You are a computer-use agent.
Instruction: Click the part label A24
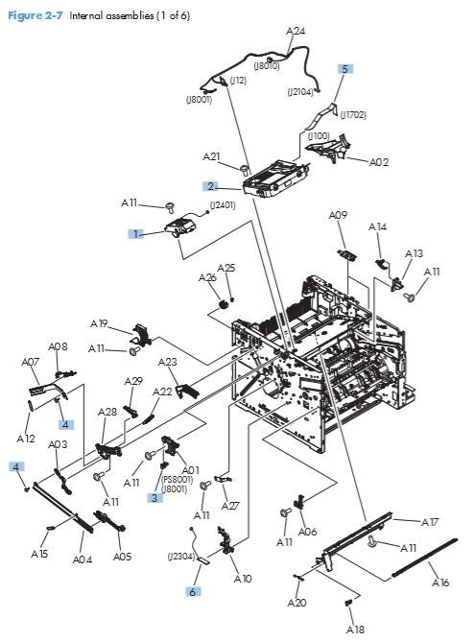[x=296, y=32]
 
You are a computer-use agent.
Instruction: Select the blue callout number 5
[x=345, y=69]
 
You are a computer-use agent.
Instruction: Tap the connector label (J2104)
[x=303, y=93]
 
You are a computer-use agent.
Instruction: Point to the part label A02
[x=379, y=162]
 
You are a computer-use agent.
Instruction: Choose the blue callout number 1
[x=137, y=233]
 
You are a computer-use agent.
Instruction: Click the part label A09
[x=337, y=216]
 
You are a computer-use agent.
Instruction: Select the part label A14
[x=377, y=227]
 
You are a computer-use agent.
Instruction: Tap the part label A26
[x=207, y=278]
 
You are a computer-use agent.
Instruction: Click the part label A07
[x=30, y=362]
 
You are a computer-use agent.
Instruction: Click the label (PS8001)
[x=175, y=479]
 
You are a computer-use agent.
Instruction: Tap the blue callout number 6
[x=192, y=592]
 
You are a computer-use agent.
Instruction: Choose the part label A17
[x=431, y=522]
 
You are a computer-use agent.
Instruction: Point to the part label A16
[x=439, y=583]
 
